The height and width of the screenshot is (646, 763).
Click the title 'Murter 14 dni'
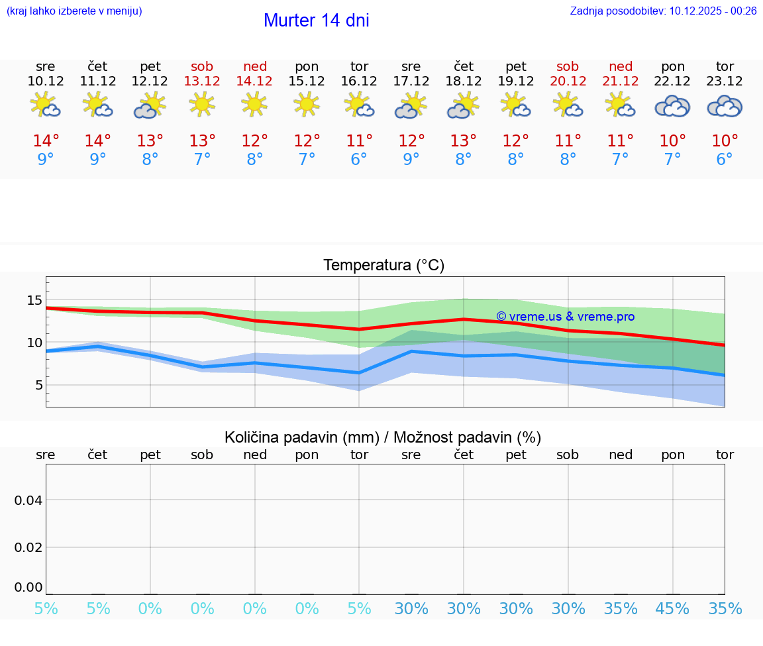coord(316,21)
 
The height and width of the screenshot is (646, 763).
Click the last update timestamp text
coord(663,11)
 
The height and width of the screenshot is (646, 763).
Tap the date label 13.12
coord(202,81)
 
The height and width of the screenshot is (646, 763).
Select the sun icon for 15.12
coord(307,105)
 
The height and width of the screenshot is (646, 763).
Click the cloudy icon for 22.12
coord(672,106)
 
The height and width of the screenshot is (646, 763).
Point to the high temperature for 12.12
coord(150,141)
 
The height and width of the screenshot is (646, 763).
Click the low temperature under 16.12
coord(359,160)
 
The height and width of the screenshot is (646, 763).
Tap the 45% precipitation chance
coord(672,609)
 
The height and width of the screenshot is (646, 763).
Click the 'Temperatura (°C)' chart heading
coord(383,265)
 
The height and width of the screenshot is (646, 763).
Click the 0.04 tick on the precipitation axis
coord(29,500)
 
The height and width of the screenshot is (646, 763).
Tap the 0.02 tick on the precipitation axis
coord(29,547)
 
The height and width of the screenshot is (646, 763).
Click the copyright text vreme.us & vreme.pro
coord(565,317)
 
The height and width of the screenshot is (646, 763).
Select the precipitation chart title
coord(383,437)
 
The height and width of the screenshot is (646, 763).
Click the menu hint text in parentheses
coord(74,11)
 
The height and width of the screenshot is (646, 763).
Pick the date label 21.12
coord(620,81)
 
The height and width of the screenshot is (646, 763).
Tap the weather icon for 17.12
coord(411,106)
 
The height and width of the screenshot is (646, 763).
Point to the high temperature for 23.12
coord(725,141)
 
